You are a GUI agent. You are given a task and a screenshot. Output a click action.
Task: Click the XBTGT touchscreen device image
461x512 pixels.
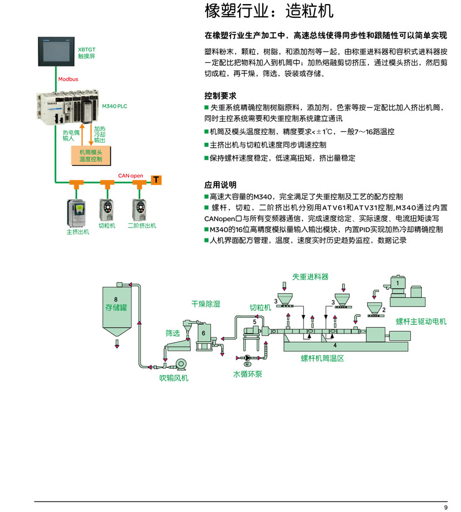[x=56, y=52]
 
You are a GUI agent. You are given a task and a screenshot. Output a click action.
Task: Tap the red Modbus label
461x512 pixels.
[x=68, y=79]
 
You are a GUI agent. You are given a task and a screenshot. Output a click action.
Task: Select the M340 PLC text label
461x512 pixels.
[x=114, y=106]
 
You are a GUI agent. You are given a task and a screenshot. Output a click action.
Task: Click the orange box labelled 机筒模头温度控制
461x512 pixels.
[x=91, y=156]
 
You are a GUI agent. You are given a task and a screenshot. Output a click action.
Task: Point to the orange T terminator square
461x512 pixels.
[x=156, y=180]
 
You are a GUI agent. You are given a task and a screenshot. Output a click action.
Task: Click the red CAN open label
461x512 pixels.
[x=130, y=176]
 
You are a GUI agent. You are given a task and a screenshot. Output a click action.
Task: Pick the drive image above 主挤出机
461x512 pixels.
[x=77, y=213]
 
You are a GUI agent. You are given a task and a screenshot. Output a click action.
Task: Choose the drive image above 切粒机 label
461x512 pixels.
[x=107, y=210]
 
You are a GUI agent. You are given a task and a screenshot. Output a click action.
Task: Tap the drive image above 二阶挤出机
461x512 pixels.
[x=139, y=210]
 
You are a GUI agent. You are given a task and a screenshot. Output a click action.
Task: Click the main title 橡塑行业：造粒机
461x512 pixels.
[x=269, y=11]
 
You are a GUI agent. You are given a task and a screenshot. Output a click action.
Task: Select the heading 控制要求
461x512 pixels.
[x=220, y=96]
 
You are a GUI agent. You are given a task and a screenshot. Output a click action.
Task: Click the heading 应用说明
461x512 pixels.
[x=220, y=185]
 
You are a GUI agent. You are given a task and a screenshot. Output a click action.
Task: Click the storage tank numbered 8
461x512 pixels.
[x=117, y=311]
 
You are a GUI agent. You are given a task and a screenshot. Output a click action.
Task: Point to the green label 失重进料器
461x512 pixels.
[x=310, y=277]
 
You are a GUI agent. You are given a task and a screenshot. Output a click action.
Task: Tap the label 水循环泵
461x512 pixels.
[x=247, y=374]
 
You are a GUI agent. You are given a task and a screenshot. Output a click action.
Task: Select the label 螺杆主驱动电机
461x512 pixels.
[x=421, y=321]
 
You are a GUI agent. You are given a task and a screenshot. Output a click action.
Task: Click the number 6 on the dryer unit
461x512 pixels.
[x=203, y=333]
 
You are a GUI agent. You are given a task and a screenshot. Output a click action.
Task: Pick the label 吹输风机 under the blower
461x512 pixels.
[x=174, y=378]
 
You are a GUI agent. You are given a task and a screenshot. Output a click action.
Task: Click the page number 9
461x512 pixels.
[x=445, y=507]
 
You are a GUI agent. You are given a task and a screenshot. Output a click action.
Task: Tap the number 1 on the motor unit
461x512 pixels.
[x=398, y=283]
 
